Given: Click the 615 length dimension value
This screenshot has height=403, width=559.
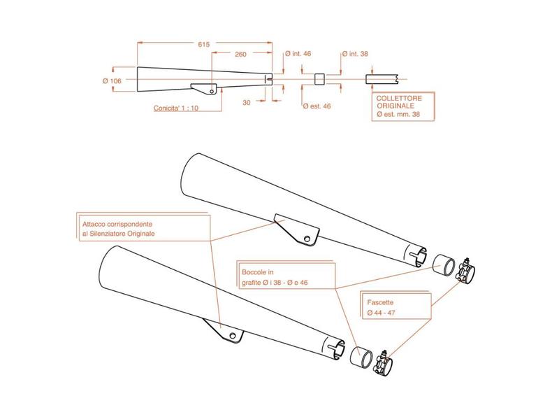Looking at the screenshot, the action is click(x=204, y=45).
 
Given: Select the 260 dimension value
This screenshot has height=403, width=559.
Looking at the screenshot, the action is click(x=240, y=55).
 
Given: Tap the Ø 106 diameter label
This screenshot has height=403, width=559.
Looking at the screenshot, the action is click(x=112, y=81).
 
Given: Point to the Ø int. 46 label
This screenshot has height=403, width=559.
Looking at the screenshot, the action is click(x=298, y=54).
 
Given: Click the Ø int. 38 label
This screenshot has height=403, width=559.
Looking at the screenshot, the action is click(x=355, y=54).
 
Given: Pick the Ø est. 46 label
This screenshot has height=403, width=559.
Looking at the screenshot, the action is click(x=317, y=106).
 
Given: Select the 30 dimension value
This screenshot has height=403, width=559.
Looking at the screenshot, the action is click(x=247, y=102).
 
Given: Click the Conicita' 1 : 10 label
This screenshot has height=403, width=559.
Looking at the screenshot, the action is click(x=176, y=108).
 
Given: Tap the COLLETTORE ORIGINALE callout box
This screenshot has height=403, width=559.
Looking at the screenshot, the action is click(x=403, y=107).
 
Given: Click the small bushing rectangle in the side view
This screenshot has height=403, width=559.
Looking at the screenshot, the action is click(x=320, y=79).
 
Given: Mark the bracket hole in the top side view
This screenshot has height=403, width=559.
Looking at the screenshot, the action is click(x=212, y=92).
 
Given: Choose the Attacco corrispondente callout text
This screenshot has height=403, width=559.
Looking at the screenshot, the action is click(x=118, y=229).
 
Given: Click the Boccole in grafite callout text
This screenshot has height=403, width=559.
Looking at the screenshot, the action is click(x=275, y=277).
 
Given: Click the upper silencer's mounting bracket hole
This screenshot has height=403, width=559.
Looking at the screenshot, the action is click(x=307, y=239).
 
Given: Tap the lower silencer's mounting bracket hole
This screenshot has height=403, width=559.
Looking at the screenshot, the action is click(x=233, y=336).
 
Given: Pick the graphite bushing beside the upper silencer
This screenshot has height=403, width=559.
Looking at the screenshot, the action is click(x=444, y=264).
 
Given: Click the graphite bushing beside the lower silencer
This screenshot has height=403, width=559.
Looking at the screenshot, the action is click(x=361, y=357).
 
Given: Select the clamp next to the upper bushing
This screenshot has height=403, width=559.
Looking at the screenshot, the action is click(x=465, y=271).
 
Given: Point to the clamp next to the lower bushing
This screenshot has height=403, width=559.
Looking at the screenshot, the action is click(x=382, y=364).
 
